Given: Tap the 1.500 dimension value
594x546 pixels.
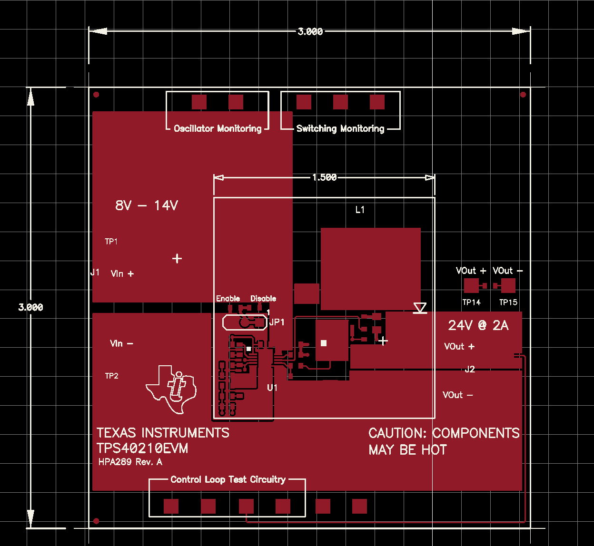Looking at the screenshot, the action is [325, 177].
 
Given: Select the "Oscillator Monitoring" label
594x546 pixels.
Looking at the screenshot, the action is [218, 129].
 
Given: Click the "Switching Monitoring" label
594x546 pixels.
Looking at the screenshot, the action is [340, 129].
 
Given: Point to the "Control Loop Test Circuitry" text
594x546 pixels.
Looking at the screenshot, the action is [228, 480].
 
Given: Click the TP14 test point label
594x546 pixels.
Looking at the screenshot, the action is [471, 302].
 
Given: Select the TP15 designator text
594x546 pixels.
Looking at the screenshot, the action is [508, 302].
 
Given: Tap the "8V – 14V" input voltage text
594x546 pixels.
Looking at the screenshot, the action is [147, 205].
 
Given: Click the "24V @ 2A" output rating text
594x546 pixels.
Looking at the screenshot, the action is [478, 325].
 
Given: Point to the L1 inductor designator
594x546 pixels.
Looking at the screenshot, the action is [360, 210].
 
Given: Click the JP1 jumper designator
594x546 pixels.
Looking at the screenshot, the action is [277, 322].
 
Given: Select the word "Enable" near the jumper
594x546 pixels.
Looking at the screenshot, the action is [228, 298].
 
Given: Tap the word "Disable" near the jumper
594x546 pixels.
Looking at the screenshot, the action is [263, 298].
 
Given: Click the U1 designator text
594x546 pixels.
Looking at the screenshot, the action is [272, 388].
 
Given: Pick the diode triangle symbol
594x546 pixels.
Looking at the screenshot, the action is [420, 308].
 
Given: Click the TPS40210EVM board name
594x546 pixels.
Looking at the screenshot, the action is [142, 448].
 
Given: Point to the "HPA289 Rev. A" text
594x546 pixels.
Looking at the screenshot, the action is [130, 462].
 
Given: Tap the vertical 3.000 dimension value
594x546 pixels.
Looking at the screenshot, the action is [31, 307].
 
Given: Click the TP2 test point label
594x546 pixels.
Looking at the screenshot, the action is [112, 376].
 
